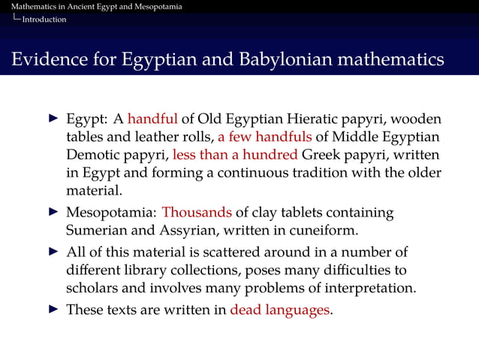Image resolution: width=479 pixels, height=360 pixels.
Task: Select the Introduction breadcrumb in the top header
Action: [44, 19]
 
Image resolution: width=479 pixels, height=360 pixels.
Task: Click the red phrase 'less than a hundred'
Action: [236, 156]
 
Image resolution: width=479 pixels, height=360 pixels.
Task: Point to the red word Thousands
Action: [197, 213]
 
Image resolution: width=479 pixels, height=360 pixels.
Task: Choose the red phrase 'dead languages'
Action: [280, 309]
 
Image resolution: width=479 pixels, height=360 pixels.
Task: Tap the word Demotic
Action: [91, 156]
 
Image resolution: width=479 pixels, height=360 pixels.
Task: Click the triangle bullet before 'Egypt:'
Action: [53, 119]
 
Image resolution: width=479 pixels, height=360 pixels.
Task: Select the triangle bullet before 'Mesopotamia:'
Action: [53, 213]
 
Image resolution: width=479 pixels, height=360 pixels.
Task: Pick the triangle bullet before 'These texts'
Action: [53, 309]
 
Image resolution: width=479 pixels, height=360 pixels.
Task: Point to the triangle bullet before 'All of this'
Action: [53, 250]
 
